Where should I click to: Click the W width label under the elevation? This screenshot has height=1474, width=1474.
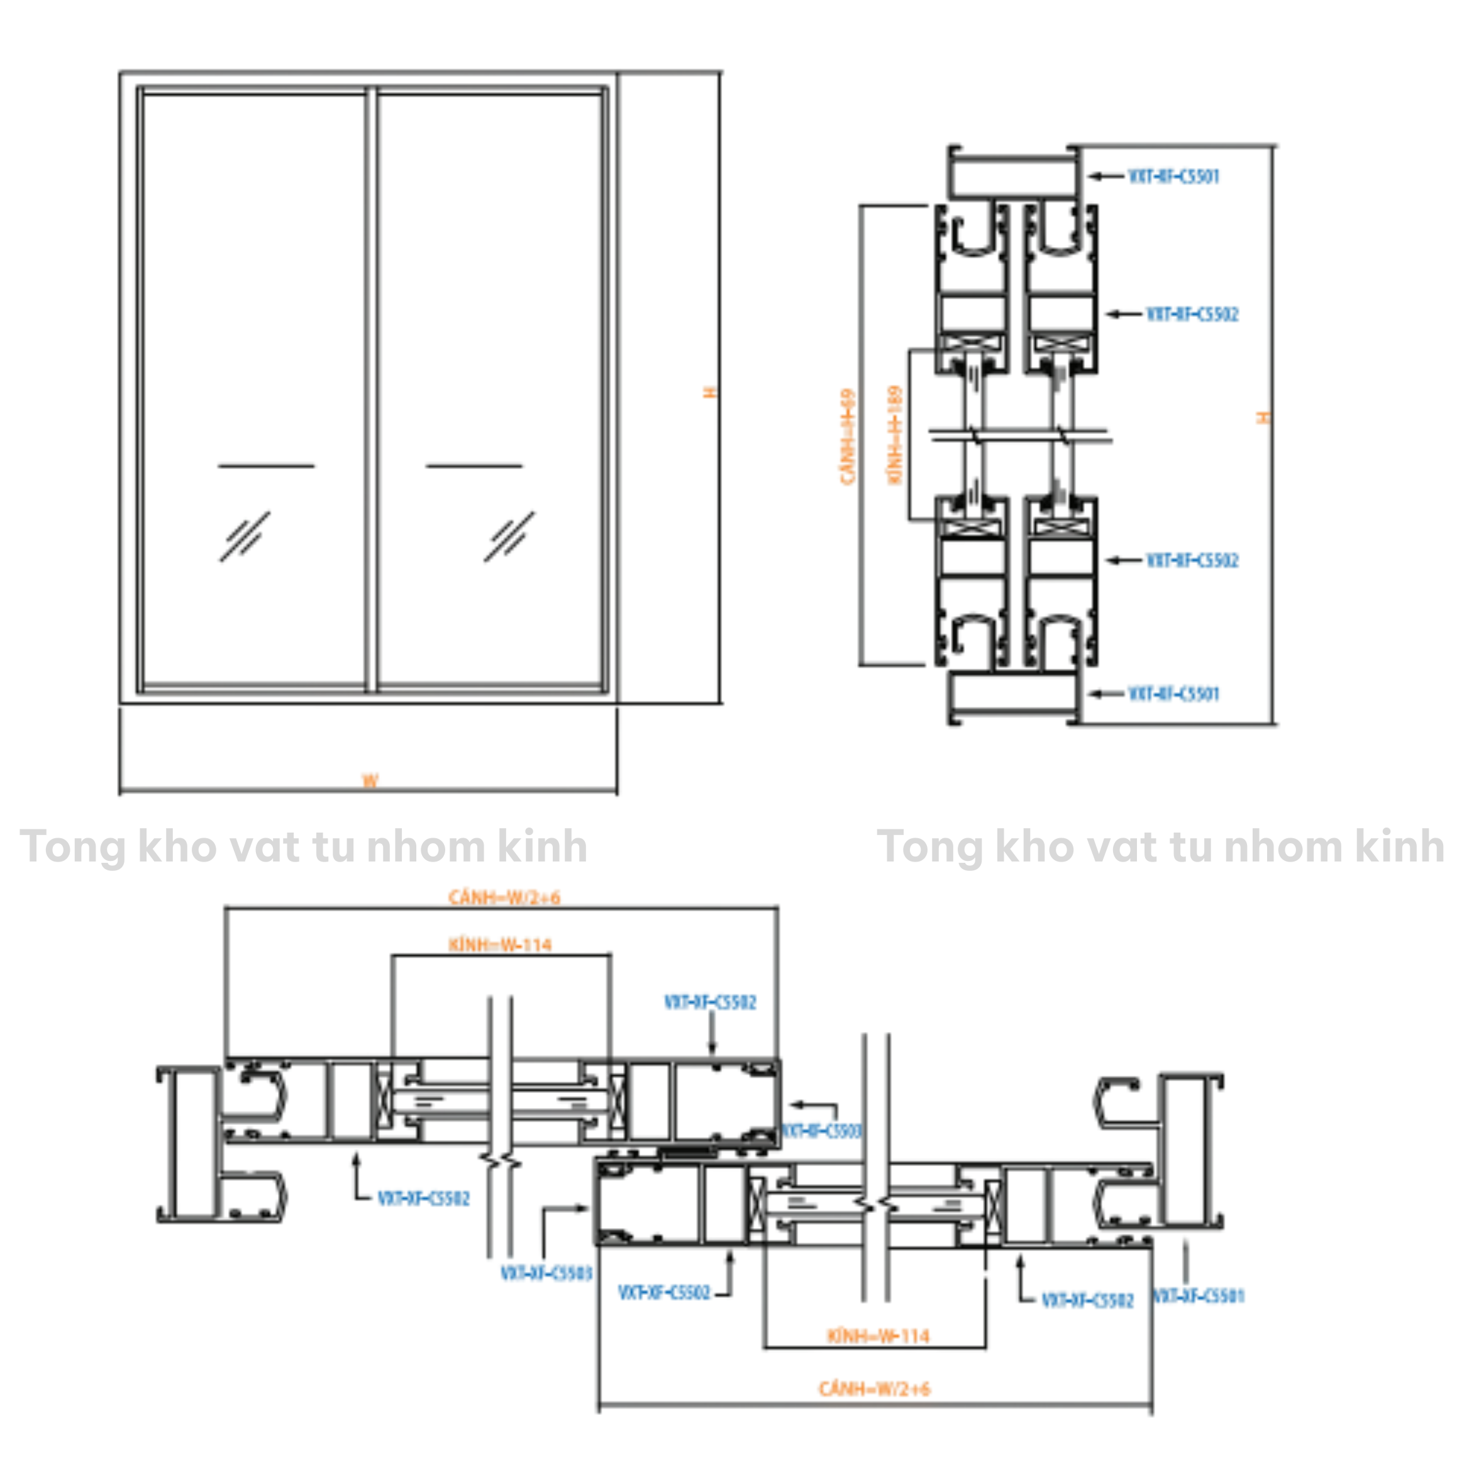click(370, 780)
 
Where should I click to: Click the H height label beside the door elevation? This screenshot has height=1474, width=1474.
click(711, 392)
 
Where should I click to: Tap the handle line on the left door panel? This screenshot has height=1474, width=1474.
click(266, 465)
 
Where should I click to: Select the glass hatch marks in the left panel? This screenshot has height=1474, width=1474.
click(245, 536)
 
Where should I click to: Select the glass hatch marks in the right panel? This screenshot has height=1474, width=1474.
click(509, 536)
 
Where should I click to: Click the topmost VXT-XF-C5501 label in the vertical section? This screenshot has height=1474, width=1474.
click(1173, 176)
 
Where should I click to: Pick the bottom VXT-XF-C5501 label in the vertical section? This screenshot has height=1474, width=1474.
click(1173, 694)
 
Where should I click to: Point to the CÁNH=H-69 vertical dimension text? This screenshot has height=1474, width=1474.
click(848, 437)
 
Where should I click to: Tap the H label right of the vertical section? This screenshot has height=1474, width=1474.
click(1263, 418)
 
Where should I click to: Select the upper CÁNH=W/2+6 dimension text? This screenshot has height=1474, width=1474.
click(504, 897)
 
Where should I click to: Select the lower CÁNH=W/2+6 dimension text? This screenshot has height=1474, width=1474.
click(874, 1389)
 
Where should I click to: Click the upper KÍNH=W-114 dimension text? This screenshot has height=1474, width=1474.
click(500, 945)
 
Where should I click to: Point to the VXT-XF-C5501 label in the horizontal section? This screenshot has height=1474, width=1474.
click(1199, 1296)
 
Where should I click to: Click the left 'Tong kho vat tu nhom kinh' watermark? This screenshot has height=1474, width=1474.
click(304, 847)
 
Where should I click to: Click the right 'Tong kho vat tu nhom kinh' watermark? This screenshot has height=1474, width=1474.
click(1160, 847)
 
